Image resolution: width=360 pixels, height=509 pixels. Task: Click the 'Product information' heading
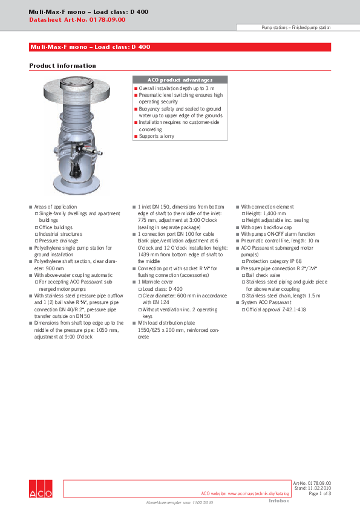click(x=62, y=66)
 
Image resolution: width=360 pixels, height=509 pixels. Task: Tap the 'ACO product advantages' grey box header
click(x=180, y=80)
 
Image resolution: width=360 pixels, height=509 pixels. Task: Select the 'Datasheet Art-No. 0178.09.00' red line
click(x=77, y=20)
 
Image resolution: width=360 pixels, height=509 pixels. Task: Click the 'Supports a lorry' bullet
click(x=158, y=137)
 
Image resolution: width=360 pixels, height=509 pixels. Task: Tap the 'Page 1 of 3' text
click(x=320, y=494)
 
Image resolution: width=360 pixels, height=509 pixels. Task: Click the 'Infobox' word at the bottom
click(x=279, y=501)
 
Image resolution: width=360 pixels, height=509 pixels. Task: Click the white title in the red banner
click(x=90, y=47)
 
